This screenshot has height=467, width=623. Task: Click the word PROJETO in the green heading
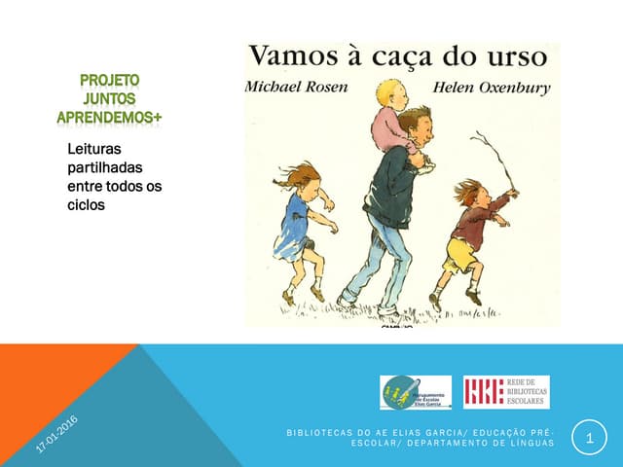click(109, 81)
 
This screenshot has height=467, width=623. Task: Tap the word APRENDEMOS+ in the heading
click(109, 117)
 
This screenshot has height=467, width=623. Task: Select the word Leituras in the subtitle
click(93, 151)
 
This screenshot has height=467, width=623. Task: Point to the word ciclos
click(87, 205)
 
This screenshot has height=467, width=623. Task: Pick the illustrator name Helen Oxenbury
click(492, 88)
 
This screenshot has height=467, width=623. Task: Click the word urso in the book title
click(527, 56)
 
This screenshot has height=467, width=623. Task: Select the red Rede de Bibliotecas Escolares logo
click(506, 392)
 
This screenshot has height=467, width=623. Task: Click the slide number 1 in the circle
click(589, 439)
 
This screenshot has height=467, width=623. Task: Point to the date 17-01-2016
click(56, 434)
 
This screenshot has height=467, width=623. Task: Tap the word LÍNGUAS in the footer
click(531, 444)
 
